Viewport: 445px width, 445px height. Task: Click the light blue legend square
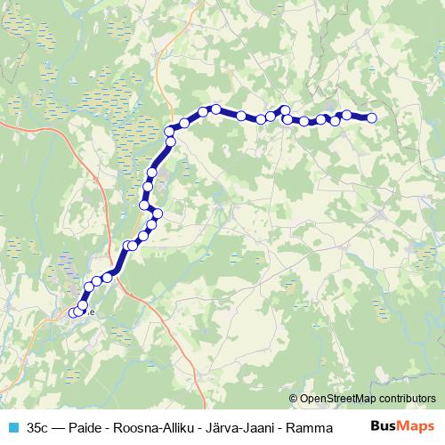[x=12, y=427]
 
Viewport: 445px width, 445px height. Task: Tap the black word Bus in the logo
[x=383, y=426]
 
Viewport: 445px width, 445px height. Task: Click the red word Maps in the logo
[x=417, y=426]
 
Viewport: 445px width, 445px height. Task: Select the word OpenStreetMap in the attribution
[x=342, y=398]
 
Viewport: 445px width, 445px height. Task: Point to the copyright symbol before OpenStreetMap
[x=295, y=398]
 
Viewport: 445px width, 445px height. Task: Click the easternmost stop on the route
[x=372, y=117]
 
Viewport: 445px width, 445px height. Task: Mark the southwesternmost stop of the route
[x=74, y=312]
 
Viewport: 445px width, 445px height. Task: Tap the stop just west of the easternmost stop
[x=347, y=115]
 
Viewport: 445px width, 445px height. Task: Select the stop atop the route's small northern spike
[x=286, y=109]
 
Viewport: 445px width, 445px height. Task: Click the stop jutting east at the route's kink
[x=158, y=214]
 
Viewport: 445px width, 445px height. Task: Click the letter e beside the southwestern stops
[x=91, y=311]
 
